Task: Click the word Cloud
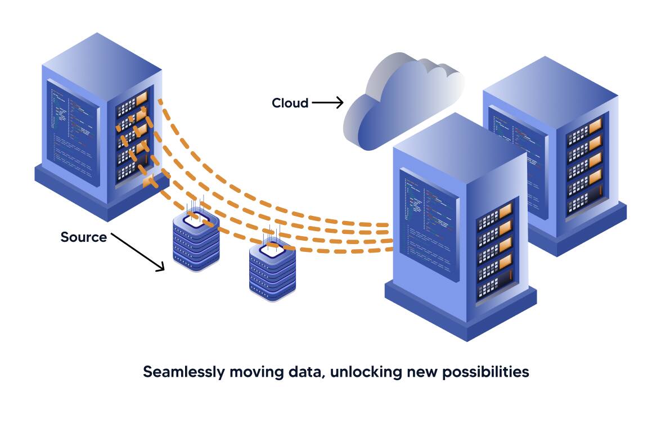coord(290,103)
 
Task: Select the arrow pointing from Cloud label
coord(327,102)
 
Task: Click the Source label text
coord(83,237)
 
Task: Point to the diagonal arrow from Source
coord(138,251)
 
